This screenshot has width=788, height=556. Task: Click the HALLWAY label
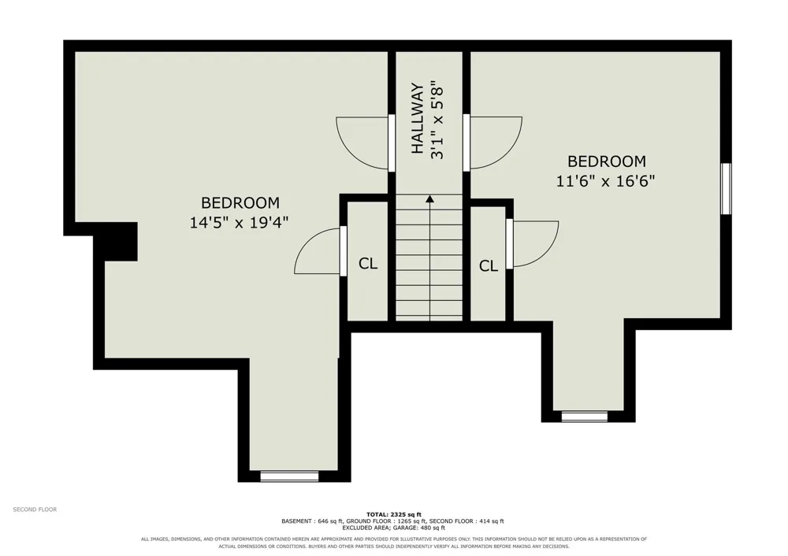[418, 119]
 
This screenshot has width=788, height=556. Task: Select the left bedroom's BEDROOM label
[240, 203]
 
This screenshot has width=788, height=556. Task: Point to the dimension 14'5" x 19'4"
[240, 222]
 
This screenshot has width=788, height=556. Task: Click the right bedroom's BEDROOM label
[607, 161]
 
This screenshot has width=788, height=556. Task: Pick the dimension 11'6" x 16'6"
[605, 181]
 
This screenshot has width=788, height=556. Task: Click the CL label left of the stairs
[368, 264]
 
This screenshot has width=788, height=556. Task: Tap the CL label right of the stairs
[489, 265]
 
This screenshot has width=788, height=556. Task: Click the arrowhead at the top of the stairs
[429, 199]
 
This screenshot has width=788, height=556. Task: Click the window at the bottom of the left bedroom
[289, 476]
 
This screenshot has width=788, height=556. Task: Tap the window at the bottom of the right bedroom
[585, 417]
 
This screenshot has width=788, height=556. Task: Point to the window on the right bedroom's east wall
[727, 188]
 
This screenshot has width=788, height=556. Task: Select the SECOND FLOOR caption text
[35, 510]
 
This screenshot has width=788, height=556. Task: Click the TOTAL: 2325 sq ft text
[394, 514]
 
